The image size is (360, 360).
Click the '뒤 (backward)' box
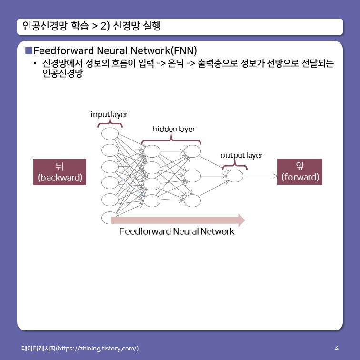pyautogui.click(x=60, y=172)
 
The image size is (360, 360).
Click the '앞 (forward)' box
pyautogui.click(x=300, y=172)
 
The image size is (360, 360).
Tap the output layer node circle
pyautogui.click(x=235, y=176)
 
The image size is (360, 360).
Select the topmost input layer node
pyautogui.click(x=110, y=134)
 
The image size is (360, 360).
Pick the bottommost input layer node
pyautogui.click(x=110, y=217)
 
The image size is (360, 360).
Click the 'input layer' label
pyautogui.click(x=110, y=115)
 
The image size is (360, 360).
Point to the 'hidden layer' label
pyautogui.click(x=173, y=129)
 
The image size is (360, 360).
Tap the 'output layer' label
pyautogui.click(x=241, y=155)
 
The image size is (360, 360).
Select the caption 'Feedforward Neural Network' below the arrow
pyautogui.click(x=177, y=232)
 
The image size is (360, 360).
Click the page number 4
pyautogui.click(x=337, y=349)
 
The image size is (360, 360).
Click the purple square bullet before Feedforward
pyautogui.click(x=29, y=50)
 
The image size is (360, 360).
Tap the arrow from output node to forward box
pyautogui.click(x=260, y=176)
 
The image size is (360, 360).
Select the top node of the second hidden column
pyautogui.click(x=192, y=151)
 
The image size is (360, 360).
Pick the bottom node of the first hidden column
pyautogui.click(x=152, y=200)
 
